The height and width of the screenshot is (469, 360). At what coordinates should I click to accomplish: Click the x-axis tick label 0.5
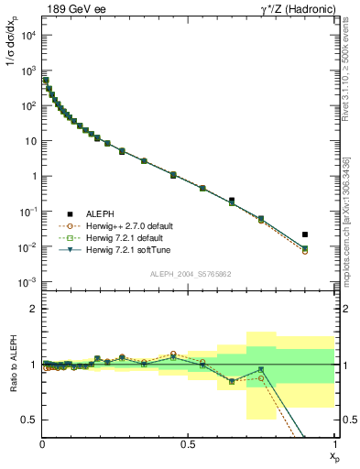tap(189, 443)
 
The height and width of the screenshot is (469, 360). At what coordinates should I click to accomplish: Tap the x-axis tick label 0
tap(43, 443)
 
